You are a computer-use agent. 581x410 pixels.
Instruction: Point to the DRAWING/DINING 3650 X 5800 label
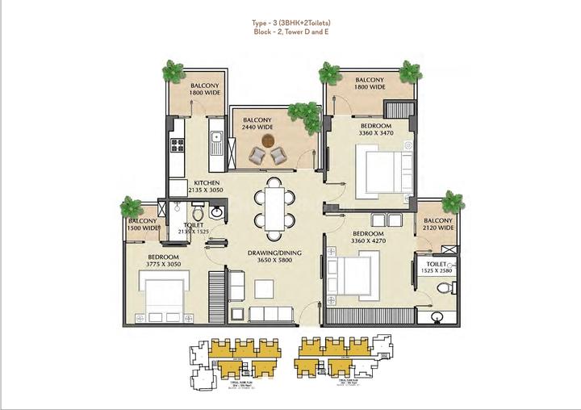[274, 257]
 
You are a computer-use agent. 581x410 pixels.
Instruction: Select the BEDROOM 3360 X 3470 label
[376, 131]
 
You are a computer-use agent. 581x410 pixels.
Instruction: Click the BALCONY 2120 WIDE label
[438, 224]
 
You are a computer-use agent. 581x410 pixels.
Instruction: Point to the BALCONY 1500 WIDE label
[142, 225]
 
